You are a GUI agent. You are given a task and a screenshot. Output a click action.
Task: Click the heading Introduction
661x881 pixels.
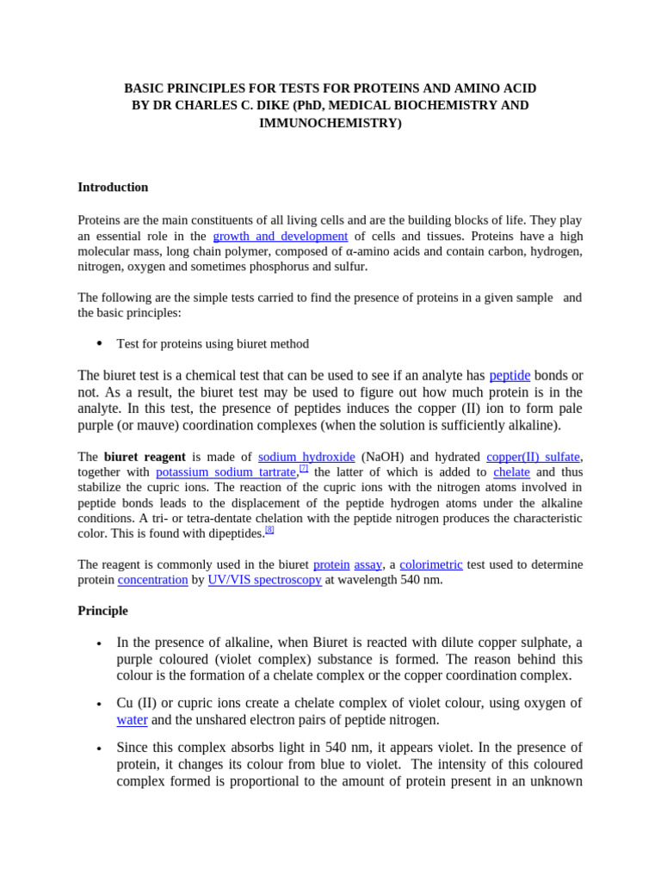[x=113, y=187]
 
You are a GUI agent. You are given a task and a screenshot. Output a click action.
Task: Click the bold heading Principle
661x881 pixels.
[x=102, y=610]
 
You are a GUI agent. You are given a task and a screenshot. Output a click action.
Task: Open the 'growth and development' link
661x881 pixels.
[x=280, y=236]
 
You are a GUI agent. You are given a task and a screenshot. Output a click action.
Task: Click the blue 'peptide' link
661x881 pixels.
[x=510, y=375]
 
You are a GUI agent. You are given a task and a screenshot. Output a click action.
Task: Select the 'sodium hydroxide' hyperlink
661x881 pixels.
[x=306, y=457]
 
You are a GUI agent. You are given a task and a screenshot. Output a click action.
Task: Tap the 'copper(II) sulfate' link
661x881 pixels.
[x=533, y=457]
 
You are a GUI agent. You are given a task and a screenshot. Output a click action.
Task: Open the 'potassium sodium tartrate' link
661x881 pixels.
[x=226, y=472]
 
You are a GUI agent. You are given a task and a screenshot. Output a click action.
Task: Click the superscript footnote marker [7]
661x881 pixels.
[x=304, y=468]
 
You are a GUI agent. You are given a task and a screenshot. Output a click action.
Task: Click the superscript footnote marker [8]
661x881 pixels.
[x=269, y=529]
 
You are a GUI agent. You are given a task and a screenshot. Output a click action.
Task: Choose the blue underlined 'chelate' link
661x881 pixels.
[x=511, y=472]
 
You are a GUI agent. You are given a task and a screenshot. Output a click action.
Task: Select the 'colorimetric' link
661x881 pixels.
[x=431, y=564]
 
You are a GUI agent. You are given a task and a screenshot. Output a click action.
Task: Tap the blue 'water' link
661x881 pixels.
[x=132, y=719]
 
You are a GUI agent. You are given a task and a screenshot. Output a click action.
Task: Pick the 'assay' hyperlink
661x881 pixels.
[x=368, y=564]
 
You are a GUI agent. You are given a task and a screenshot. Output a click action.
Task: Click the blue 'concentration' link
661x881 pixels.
[x=152, y=580]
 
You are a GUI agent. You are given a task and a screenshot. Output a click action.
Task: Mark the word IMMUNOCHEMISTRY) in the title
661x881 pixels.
[x=330, y=122]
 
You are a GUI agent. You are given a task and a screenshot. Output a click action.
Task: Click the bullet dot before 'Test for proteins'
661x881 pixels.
[x=99, y=343]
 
